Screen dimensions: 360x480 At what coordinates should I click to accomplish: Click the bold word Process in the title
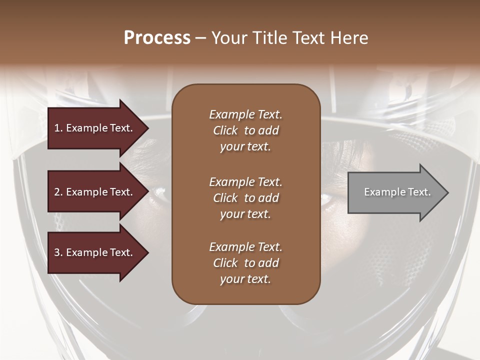coord(157,38)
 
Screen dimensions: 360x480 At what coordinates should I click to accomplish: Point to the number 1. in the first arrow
coord(58,128)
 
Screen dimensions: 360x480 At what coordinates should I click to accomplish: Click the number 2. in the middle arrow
coord(58,192)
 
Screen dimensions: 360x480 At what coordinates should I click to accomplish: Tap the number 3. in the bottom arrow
coord(58,252)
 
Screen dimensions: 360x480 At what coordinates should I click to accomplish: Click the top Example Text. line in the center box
coord(245,114)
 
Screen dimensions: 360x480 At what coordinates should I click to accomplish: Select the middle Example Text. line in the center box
coord(245,182)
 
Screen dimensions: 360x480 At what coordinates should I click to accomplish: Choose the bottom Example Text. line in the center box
coord(245,247)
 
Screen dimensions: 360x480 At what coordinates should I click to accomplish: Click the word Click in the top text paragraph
coord(225,130)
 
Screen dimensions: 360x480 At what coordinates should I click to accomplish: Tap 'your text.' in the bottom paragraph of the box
coord(245,279)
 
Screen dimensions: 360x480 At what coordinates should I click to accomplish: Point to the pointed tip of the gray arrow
coord(447,192)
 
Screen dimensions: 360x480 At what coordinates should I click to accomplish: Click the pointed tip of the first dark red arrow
coord(147,128)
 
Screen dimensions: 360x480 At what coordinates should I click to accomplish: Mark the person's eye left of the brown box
coord(159,191)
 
